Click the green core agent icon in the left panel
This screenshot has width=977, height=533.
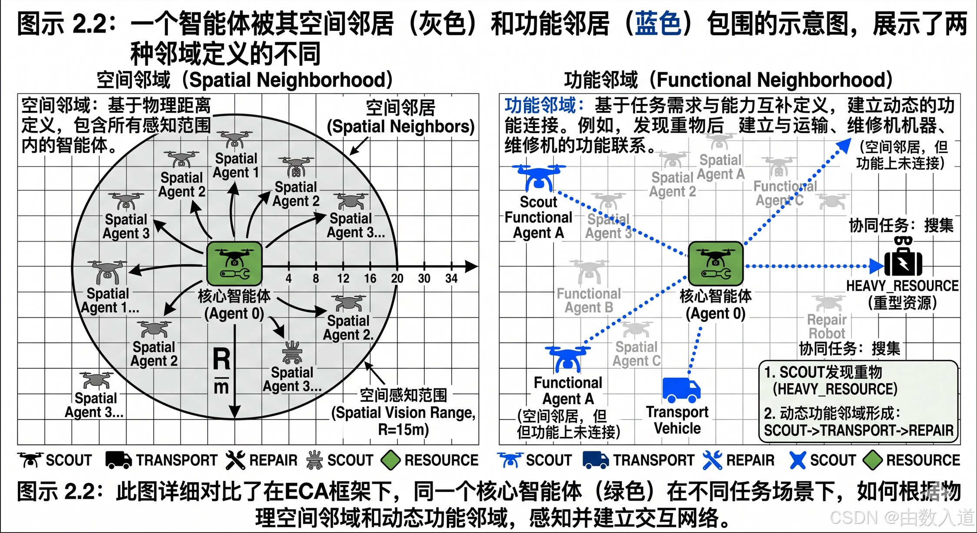coord(234,264)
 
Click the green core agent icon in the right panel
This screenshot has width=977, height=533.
coord(716,264)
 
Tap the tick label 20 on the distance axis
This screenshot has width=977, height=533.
coord(397,279)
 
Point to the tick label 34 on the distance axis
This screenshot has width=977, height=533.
coord(451,279)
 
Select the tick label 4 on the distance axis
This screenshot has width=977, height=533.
coord(289,279)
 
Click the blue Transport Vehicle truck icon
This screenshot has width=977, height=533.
coord(681,390)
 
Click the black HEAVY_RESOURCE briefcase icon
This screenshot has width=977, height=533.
coord(903,262)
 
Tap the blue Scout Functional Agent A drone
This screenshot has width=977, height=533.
coord(539,178)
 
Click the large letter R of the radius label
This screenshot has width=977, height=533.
coord(221,360)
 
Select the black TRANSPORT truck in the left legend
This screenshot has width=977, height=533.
coord(118,460)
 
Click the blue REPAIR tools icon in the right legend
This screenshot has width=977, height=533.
coord(712,460)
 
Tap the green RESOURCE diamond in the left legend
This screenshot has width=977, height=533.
coord(390,460)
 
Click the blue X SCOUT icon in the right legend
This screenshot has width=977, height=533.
coord(797,460)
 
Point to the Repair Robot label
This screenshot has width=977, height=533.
coord(827,326)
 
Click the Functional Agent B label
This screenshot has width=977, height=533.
coord(589,300)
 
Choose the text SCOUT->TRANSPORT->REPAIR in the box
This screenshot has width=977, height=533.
coord(858,430)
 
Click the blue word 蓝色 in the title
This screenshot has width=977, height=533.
coord(658,23)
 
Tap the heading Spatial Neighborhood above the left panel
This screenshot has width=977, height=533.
coord(245,80)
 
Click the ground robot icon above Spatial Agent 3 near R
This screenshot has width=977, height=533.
coord(292,353)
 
